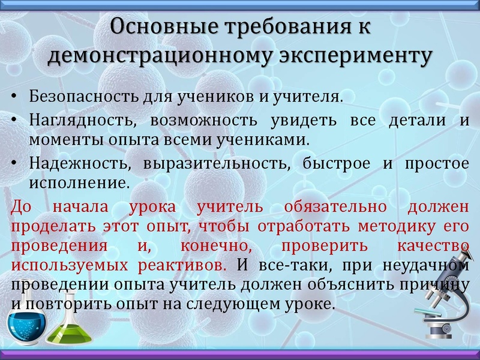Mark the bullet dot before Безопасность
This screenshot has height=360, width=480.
tap(14, 97)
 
